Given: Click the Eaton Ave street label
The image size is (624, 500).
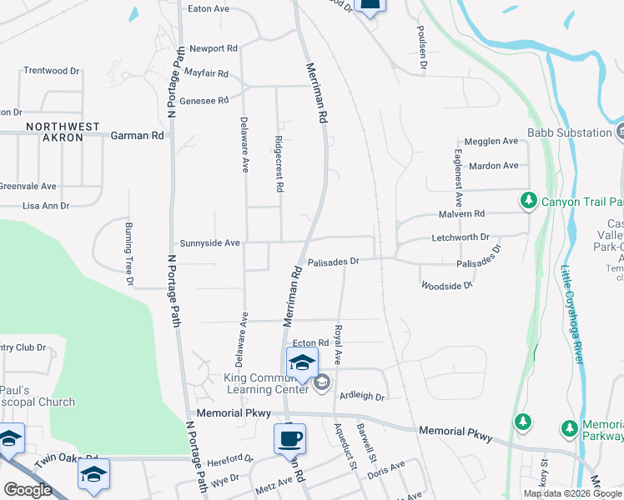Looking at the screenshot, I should pyautogui.click(x=209, y=8).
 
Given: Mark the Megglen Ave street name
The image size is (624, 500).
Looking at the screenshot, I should pyautogui.click(x=491, y=142).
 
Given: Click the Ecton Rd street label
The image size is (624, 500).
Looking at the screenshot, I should pyautogui.click(x=311, y=343).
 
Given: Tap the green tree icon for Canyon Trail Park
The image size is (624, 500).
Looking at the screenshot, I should pyautogui.click(x=528, y=201).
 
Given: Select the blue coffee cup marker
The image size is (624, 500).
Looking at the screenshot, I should pyautogui.click(x=289, y=437).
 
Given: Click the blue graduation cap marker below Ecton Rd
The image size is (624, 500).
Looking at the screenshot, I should pyautogui.click(x=301, y=362).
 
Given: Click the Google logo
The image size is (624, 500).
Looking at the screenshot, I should pyautogui.click(x=27, y=490).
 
